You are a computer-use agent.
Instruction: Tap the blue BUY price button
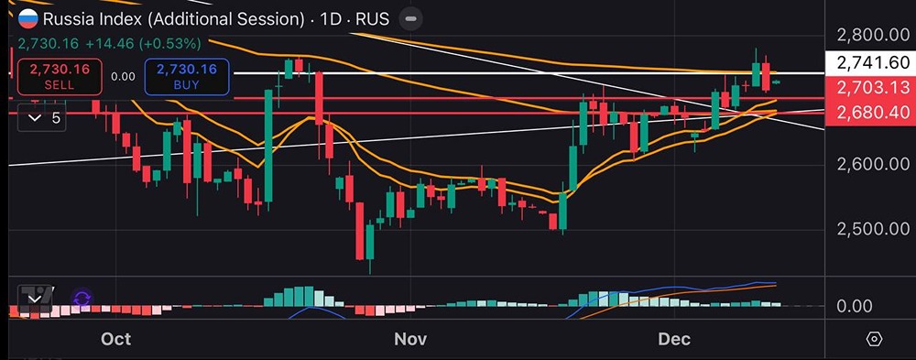[186, 76]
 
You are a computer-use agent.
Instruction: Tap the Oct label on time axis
[116, 339]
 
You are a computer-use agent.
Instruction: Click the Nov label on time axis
[410, 339]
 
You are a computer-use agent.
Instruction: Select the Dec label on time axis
[674, 339]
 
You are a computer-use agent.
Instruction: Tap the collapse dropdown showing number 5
[43, 118]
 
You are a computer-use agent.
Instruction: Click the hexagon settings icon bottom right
[873, 339]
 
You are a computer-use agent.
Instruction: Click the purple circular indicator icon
[82, 299]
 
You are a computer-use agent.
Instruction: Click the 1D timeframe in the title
[332, 18]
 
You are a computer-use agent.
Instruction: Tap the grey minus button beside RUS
[412, 18]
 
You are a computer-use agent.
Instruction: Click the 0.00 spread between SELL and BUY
[123, 76]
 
